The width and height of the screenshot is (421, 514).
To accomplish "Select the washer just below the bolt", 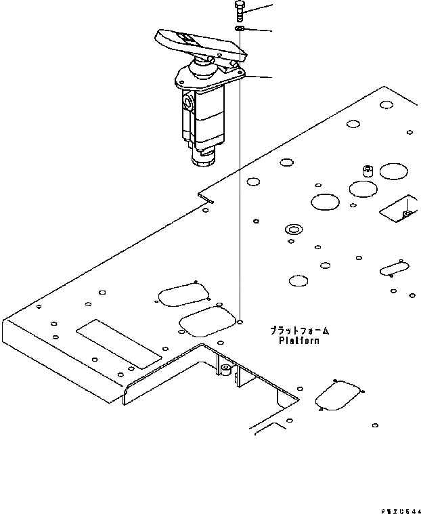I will tap(240, 29).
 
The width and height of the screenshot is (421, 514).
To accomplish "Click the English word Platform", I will tap(299, 341).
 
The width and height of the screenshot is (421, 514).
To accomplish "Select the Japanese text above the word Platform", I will tap(299, 330).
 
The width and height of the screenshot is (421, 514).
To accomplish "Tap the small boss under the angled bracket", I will tap(225, 370).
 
